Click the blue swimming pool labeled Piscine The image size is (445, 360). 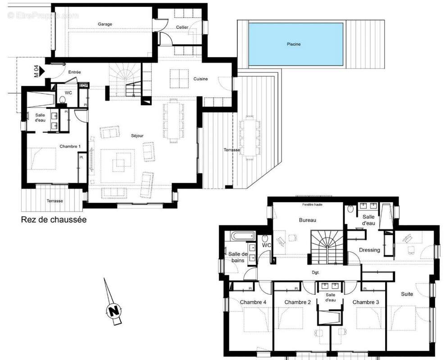[293, 44]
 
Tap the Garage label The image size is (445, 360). [105, 24]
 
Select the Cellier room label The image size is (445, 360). [182, 27]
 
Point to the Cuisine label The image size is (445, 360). [200, 79]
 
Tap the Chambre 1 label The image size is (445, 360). [70, 146]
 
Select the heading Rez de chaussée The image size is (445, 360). [54, 220]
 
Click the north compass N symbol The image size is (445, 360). [114, 310]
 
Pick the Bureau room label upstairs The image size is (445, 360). [308, 220]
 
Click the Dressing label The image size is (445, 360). [369, 250]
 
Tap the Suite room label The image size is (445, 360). [407, 294]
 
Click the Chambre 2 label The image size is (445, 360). [298, 302]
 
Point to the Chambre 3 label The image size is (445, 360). [366, 302]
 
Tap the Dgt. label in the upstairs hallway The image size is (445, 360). [315, 273]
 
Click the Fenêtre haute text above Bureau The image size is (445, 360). [315, 205]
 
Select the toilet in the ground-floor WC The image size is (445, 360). [63, 99]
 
